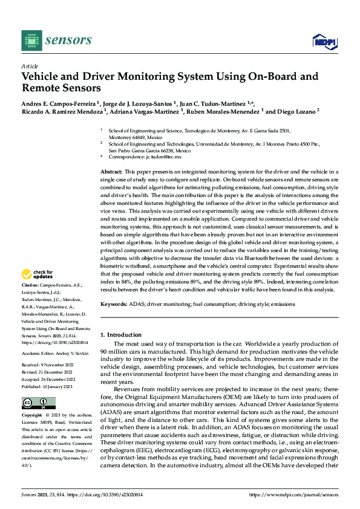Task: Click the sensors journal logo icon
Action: click(31, 40)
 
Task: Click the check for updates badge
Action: click(38, 274)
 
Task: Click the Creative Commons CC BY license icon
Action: click(38, 403)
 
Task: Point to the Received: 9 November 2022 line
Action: click(48, 365)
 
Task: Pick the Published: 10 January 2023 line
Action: click(48, 385)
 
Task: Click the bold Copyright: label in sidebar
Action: click(33, 416)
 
